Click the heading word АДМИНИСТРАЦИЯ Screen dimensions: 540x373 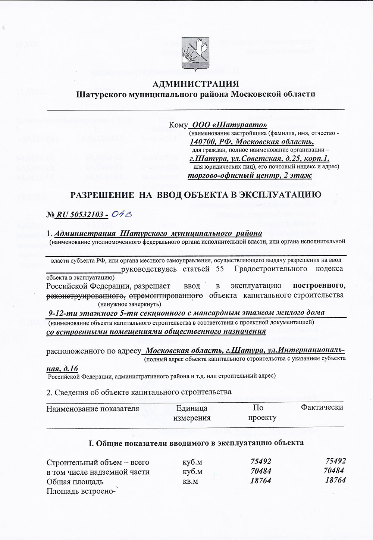click(196, 84)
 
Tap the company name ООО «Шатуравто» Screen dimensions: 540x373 click(229, 125)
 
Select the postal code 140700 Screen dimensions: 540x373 click(202, 142)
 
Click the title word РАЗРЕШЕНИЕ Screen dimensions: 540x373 click(102, 195)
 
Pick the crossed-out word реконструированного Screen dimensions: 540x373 click(85, 296)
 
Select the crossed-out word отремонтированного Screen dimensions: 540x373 click(166, 296)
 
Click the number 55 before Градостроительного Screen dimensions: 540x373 click(220, 269)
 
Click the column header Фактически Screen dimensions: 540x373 click(322, 407)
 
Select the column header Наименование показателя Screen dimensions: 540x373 click(93, 409)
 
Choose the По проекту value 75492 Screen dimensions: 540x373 click(261, 461)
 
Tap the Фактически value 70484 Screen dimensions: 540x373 click(334, 471)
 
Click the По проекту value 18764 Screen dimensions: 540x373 click(260, 481)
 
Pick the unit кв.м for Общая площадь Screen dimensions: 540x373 click(190, 481)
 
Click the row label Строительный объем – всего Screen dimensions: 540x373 click(98, 462)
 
